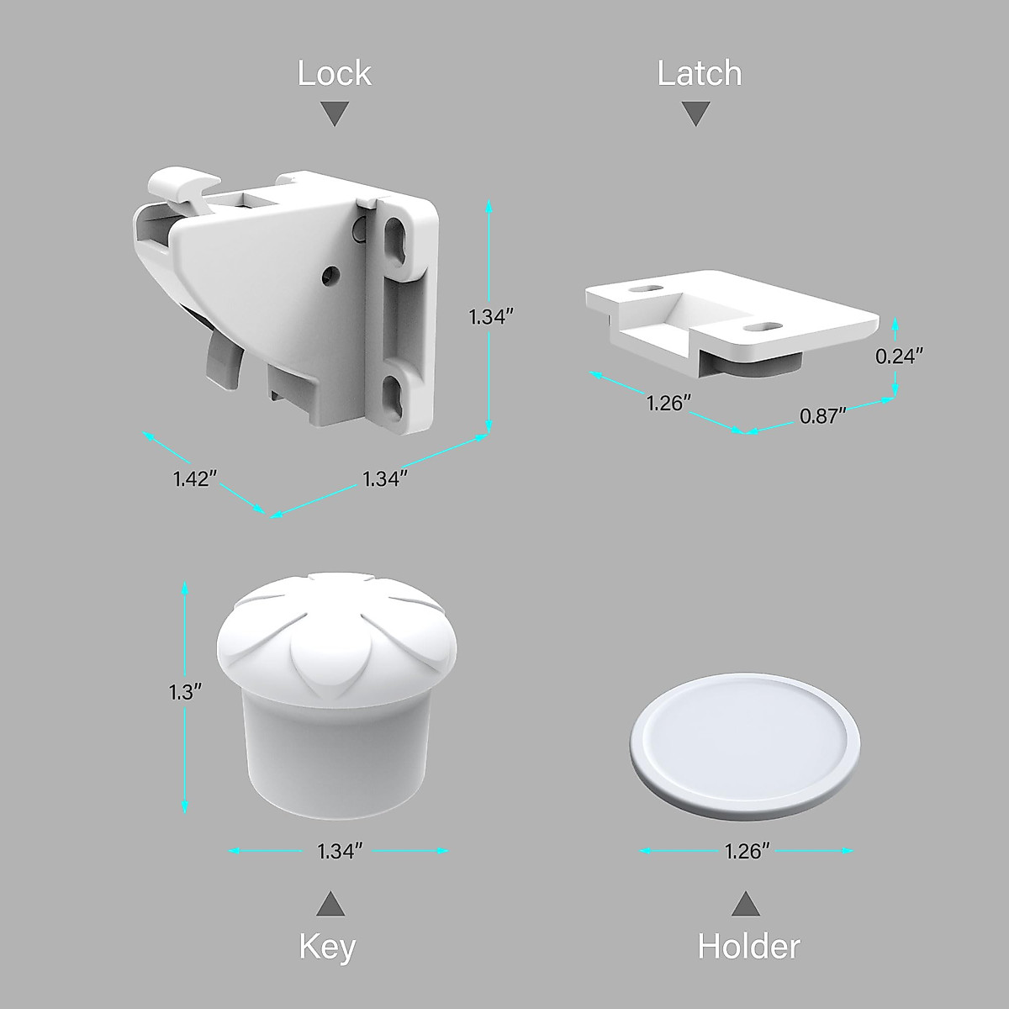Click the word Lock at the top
[334, 73]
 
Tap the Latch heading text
[699, 73]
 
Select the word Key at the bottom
[327, 947]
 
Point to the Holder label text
[748, 947]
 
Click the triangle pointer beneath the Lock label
[335, 114]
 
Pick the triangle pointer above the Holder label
[745, 905]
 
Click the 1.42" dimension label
[196, 478]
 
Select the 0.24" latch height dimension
[899, 356]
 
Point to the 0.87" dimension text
[821, 416]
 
